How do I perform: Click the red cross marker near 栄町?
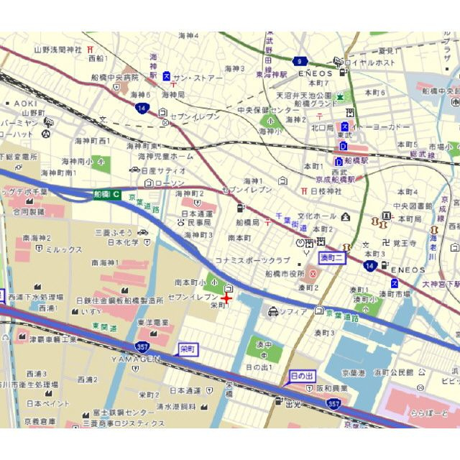(226, 298)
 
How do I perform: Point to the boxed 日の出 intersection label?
(301, 376)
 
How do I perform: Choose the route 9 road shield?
(300, 61)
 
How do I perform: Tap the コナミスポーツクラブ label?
(252, 260)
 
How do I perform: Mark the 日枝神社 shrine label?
(326, 191)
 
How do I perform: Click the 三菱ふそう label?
(114, 232)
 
